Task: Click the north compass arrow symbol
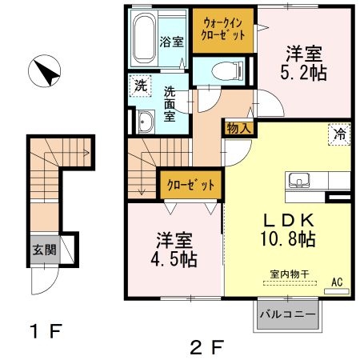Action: click(x=46, y=73)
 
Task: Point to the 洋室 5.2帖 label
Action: click(x=304, y=63)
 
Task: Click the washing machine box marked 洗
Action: click(x=141, y=85)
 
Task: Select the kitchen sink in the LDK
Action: click(x=301, y=179)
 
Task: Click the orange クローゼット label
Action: click(x=190, y=185)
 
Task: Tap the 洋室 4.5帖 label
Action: click(x=172, y=250)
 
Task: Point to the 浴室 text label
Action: click(x=171, y=42)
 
